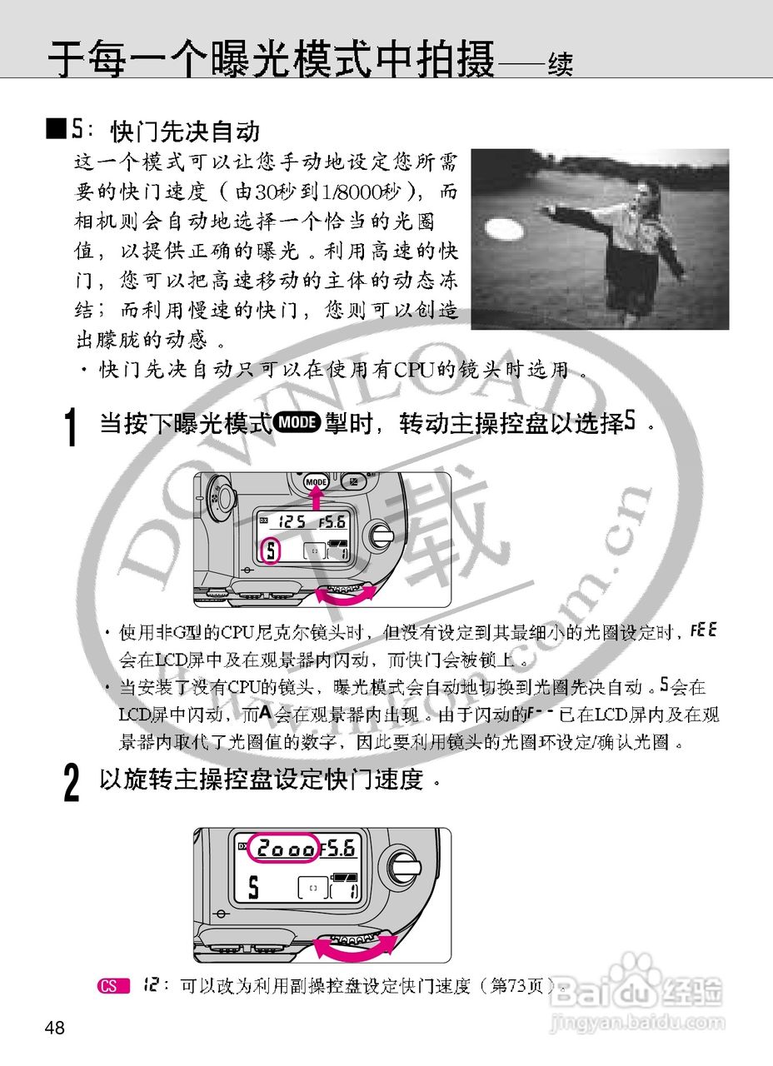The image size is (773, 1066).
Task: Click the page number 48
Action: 55,1028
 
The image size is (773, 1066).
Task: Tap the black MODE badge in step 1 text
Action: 297,423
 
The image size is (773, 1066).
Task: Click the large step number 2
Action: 73,784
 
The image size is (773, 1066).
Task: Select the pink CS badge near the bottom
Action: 112,987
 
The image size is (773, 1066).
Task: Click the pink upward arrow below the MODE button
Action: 316,498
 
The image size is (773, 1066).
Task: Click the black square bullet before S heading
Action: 56,129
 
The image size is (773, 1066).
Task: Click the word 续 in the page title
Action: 560,63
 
